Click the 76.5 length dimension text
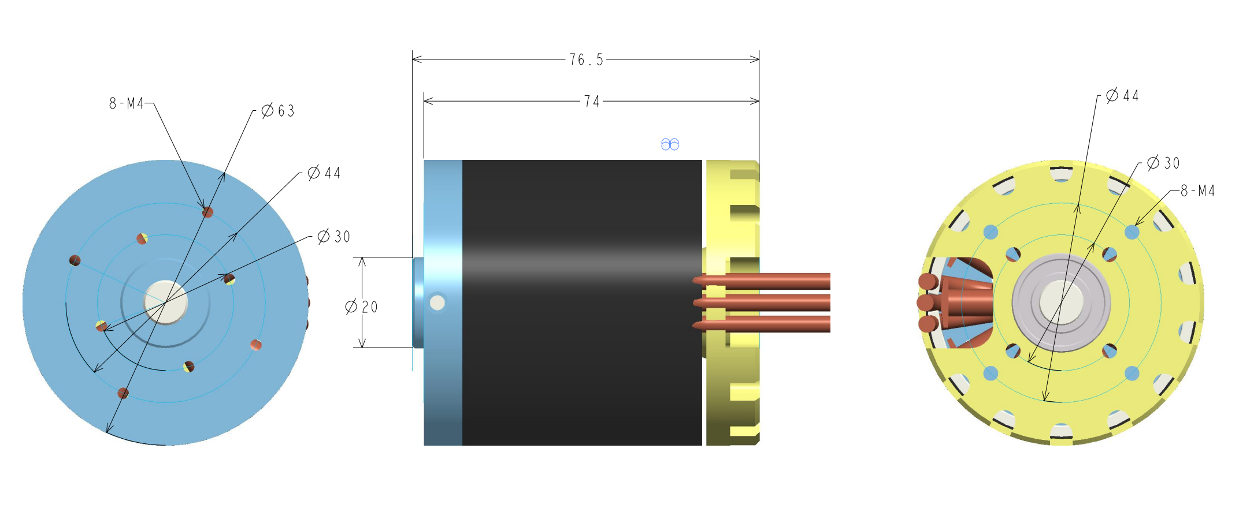[586, 60]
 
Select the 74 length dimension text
[592, 102]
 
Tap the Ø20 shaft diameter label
[361, 307]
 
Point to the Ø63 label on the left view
[278, 110]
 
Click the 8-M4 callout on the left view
[126, 103]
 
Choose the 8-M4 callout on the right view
[1197, 190]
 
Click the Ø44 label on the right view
[1122, 95]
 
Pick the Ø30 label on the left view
[334, 236]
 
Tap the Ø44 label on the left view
[324, 173]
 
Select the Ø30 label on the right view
[1163, 163]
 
